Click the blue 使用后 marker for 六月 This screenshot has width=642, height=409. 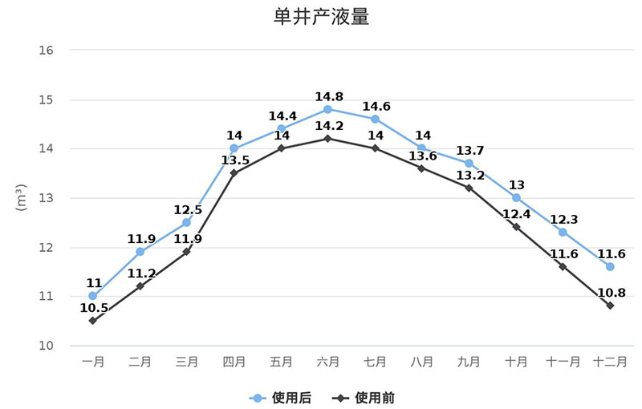click(x=328, y=109)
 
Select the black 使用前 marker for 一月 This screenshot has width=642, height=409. click(x=93, y=321)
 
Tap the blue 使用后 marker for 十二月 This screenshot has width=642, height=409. click(x=610, y=266)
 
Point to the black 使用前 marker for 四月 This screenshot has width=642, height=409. click(x=234, y=173)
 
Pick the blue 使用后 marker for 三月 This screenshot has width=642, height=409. click(x=187, y=222)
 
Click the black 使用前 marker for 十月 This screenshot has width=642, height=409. click(x=516, y=227)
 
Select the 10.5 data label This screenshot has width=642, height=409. click(x=93, y=308)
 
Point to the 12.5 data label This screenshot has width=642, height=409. click(x=187, y=210)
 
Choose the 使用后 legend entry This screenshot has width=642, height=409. click(x=280, y=398)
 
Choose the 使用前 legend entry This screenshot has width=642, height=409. click(x=364, y=398)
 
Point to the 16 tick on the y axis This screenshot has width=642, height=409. click(x=46, y=51)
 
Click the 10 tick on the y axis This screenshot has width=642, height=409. click(x=46, y=346)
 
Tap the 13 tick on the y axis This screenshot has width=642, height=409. click(x=46, y=198)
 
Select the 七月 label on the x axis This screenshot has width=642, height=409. click(x=375, y=362)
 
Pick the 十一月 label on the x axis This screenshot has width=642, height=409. click(x=563, y=362)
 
